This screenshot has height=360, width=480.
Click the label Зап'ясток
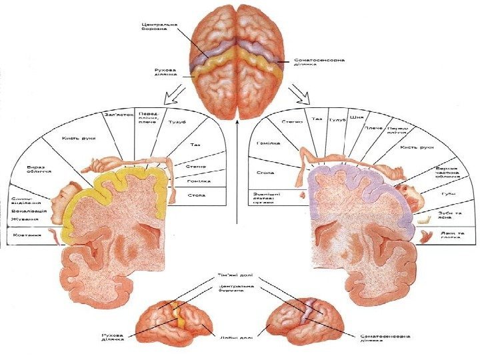coord(119,114)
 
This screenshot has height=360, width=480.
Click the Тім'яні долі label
coord(233,275)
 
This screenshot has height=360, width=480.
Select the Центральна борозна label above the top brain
coord(159,26)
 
